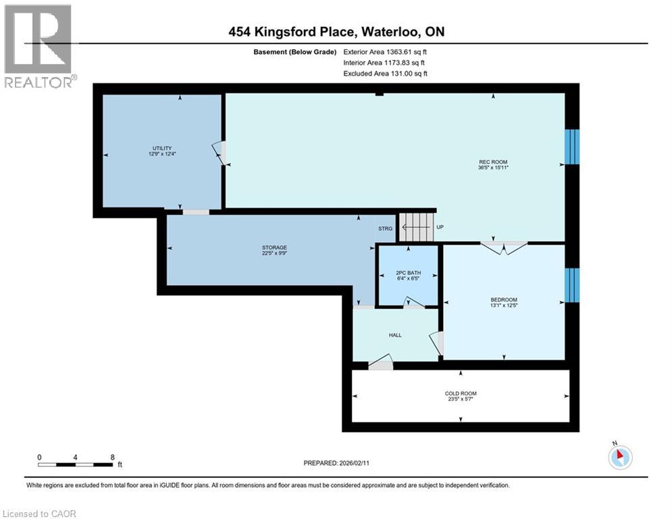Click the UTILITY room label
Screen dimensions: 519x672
tap(161, 148)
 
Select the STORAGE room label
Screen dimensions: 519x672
tap(270, 247)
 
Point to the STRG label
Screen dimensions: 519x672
tap(385, 228)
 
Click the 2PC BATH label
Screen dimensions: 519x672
tap(408, 272)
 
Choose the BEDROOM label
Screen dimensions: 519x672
tap(504, 299)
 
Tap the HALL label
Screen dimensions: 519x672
tap(395, 335)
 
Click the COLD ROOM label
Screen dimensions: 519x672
tap(461, 393)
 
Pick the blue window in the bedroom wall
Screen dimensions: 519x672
tap(571, 285)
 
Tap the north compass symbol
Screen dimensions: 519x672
tap(619, 456)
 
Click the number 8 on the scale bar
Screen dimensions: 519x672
tap(111, 458)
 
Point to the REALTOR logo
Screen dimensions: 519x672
tap(38, 46)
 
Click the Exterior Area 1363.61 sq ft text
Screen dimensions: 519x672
tap(386, 51)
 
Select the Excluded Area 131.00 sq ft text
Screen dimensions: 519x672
tap(386, 74)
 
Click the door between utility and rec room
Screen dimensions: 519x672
tap(221, 153)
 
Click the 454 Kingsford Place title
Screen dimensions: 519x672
tap(336, 32)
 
